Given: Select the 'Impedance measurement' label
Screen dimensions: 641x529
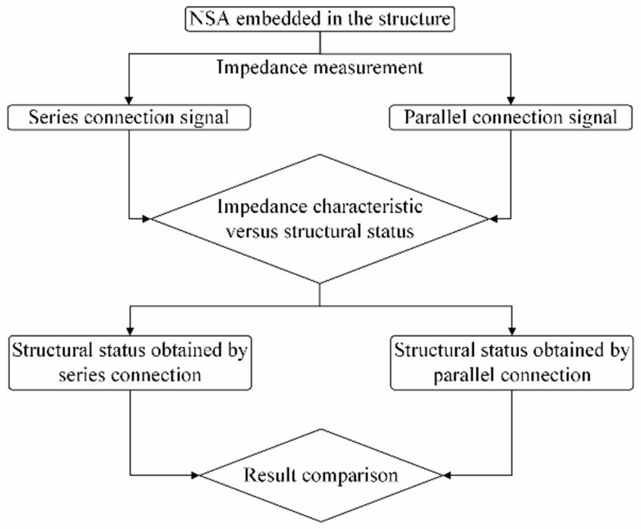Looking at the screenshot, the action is (320, 67).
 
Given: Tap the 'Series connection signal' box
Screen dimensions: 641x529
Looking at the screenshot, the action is (129, 118).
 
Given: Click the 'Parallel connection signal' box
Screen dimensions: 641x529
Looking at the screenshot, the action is (510, 118).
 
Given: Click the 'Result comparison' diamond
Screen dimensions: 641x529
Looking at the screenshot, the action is (321, 475).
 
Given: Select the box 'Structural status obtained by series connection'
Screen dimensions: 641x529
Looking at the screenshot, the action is (130, 363).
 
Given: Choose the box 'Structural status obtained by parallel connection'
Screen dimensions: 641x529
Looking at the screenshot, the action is (512, 363).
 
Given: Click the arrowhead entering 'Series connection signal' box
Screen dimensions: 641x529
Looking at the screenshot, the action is (129, 101).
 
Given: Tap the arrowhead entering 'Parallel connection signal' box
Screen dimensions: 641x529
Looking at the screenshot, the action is (510, 101).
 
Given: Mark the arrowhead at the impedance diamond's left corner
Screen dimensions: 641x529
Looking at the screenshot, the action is (146, 219).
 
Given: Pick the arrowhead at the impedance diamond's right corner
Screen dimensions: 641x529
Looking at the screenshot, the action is (493, 219).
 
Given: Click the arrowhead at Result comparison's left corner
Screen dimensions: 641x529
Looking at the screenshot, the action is (195, 475).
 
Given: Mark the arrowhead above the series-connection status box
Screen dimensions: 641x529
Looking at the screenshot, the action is (130, 331).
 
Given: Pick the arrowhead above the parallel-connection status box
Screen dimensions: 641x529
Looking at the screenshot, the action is (512, 331).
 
